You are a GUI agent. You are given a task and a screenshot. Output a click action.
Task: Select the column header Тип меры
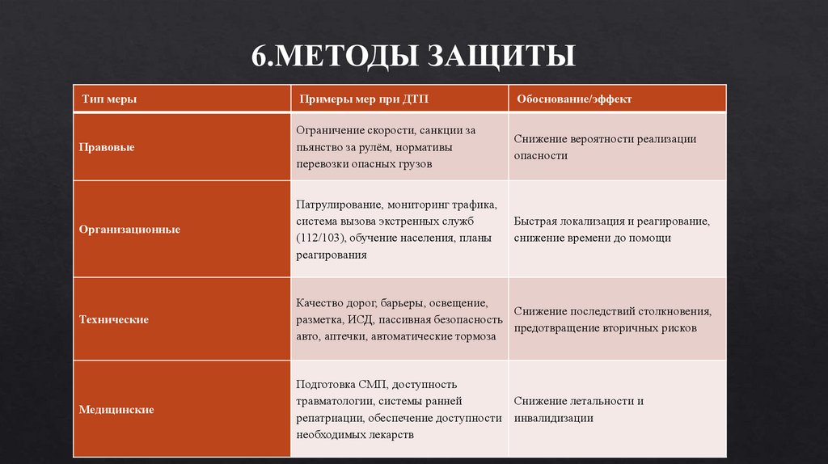(x=108, y=99)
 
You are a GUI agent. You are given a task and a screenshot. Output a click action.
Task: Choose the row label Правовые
(x=107, y=148)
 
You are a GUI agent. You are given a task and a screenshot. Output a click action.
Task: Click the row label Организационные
(x=129, y=230)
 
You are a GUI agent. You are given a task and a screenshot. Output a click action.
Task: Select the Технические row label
(x=113, y=320)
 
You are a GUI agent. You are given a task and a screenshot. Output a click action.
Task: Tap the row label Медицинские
(x=116, y=410)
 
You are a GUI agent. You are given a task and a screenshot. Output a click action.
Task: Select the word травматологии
(x=334, y=401)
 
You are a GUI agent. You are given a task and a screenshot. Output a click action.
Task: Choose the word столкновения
(x=669, y=311)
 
